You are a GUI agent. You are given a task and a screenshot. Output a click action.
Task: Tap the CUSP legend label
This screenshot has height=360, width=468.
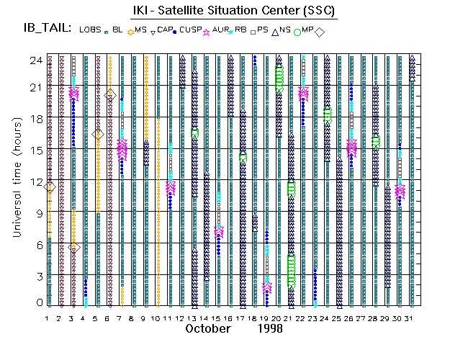191,29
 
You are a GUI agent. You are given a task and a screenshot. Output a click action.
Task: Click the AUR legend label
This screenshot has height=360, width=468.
221,29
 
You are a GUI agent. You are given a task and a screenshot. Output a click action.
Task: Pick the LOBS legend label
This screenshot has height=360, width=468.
90,30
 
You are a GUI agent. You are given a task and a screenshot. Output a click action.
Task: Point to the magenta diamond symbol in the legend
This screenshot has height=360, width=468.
320,32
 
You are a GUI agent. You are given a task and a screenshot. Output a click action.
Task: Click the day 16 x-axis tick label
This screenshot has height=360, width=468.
230,318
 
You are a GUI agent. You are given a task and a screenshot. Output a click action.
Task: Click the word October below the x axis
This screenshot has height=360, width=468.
208,329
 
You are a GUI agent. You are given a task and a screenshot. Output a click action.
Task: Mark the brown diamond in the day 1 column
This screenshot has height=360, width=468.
50,187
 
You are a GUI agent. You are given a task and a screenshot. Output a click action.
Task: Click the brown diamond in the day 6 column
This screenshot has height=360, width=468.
110,95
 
